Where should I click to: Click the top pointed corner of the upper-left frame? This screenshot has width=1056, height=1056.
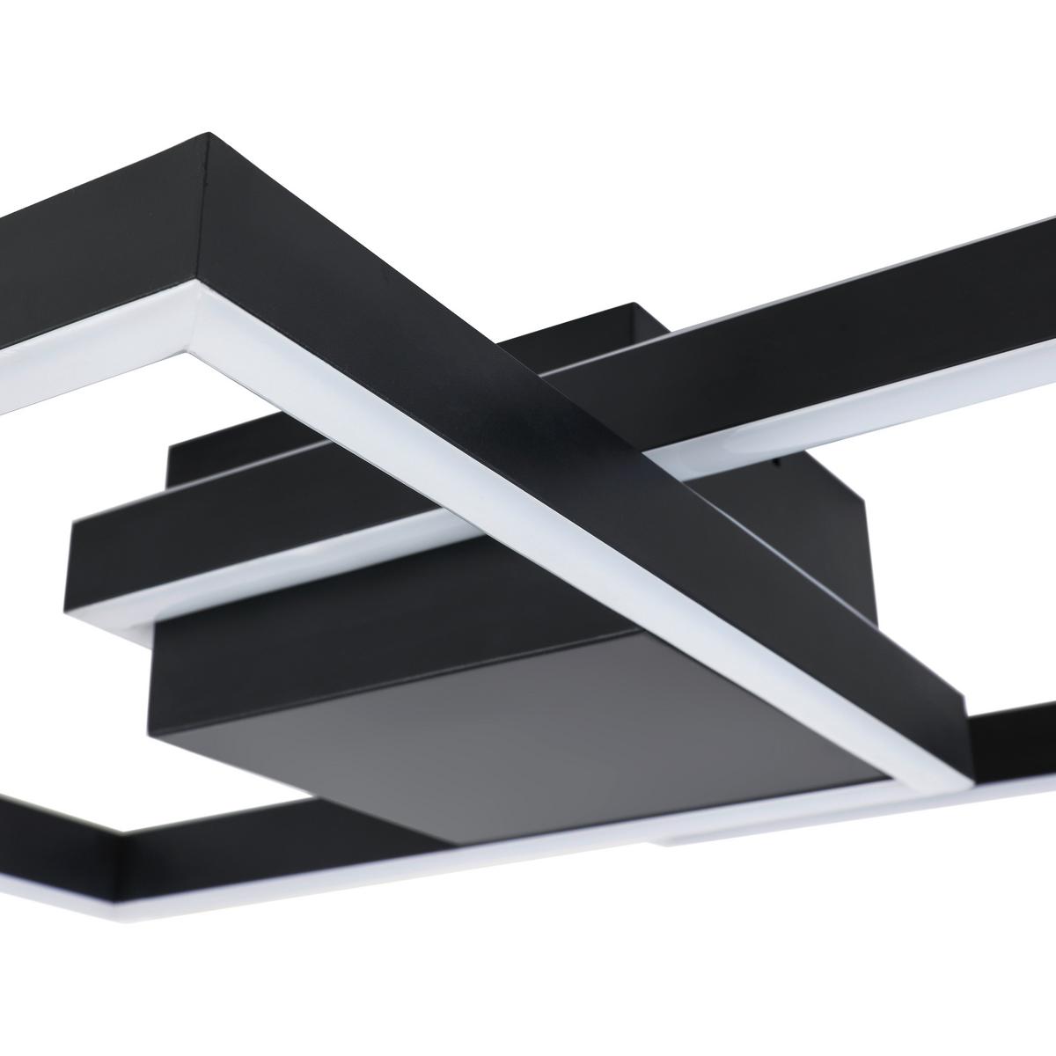tap(209, 135)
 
